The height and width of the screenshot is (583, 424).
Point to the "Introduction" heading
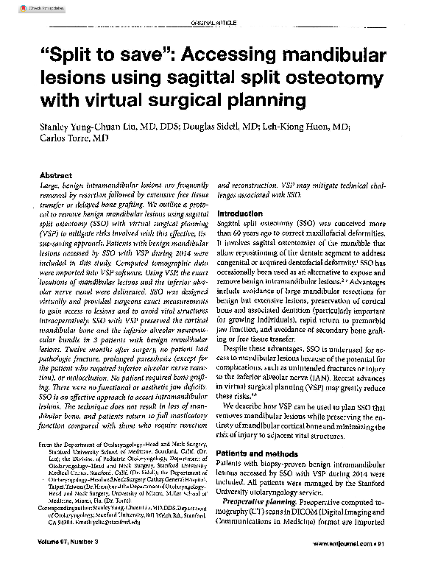click(x=244, y=213)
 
